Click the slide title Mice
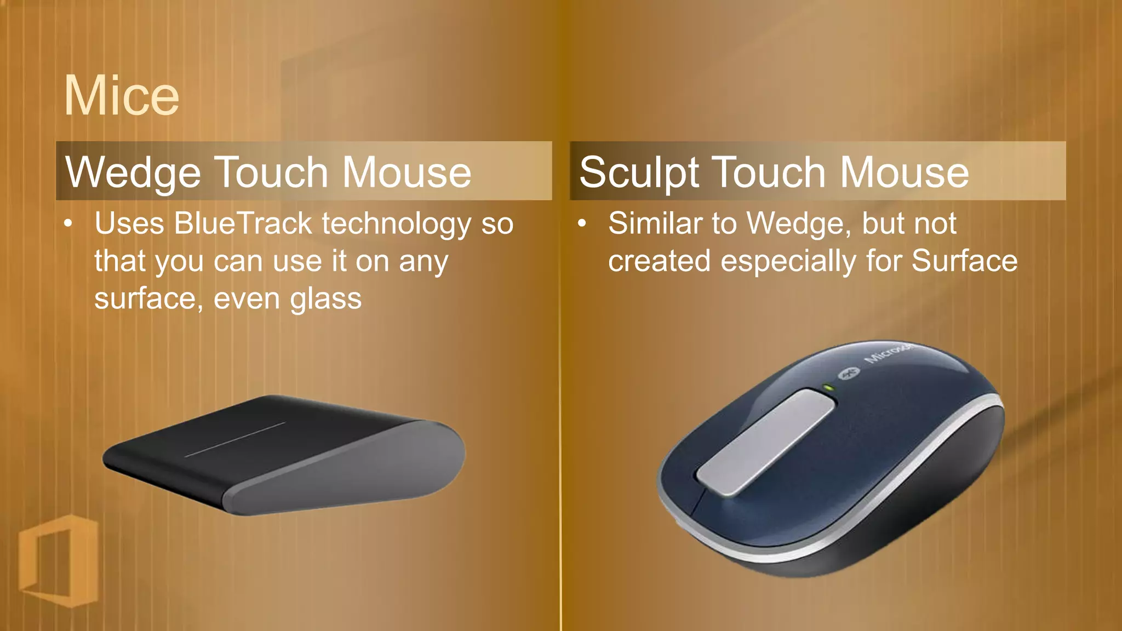click(121, 96)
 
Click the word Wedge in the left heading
click(134, 173)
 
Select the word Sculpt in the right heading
click(638, 173)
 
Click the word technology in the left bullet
click(396, 225)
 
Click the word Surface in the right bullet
click(964, 261)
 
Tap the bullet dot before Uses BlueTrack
click(68, 223)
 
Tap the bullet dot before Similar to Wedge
click(582, 223)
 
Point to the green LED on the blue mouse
click(828, 388)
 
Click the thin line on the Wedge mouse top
click(236, 439)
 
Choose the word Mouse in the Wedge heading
click(407, 173)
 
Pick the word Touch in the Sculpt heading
click(770, 173)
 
